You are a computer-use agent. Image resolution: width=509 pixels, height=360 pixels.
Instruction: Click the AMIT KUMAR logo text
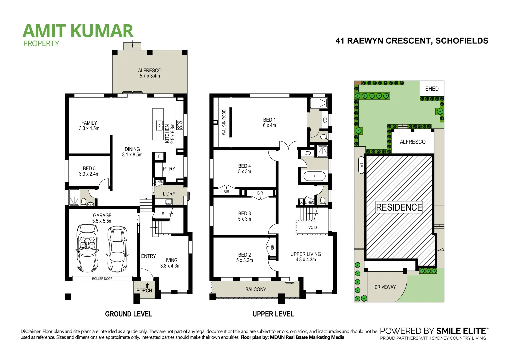point(78,31)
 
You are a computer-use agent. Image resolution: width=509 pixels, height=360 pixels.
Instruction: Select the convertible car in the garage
point(87,248)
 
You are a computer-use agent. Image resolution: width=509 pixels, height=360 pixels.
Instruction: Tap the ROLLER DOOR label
point(102,279)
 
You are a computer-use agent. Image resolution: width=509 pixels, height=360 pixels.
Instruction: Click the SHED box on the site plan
point(432,89)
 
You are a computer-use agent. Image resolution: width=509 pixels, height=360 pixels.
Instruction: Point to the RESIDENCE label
point(399,207)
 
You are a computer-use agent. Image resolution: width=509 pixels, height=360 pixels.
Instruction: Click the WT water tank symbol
point(361,165)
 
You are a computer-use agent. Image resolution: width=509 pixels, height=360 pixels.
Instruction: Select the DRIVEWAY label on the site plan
point(385,287)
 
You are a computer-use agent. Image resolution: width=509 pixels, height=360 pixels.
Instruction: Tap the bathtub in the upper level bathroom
point(314,176)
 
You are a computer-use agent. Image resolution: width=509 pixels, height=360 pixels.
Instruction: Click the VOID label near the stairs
point(312,228)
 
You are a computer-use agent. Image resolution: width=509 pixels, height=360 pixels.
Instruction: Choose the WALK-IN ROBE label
point(224,122)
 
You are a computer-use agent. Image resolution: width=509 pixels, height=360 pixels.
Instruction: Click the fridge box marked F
point(159,156)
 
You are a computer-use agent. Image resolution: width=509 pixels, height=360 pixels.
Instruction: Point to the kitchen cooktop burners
point(180,125)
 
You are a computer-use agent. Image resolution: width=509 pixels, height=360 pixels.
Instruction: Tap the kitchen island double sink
point(160,125)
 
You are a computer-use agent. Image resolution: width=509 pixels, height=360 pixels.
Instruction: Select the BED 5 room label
point(89,169)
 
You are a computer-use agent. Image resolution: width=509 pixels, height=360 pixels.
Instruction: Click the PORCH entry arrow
point(147,285)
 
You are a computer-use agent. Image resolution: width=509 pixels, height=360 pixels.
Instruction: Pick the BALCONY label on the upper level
point(256,289)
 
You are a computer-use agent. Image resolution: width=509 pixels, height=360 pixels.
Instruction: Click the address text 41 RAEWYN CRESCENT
point(412,41)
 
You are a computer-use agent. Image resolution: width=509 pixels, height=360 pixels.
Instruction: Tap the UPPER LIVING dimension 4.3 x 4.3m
point(306,260)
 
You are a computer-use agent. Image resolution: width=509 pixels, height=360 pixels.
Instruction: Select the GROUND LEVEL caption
point(129,314)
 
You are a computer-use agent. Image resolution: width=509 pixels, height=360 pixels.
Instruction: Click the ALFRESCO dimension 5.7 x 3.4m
point(150,76)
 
